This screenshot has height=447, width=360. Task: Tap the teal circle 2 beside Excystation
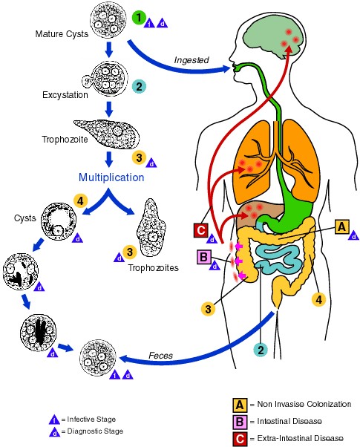click(139, 87)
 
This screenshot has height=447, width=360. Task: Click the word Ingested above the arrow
click(192, 59)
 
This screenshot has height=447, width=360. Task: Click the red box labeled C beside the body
click(199, 231)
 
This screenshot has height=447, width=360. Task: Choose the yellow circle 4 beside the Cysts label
click(82, 200)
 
